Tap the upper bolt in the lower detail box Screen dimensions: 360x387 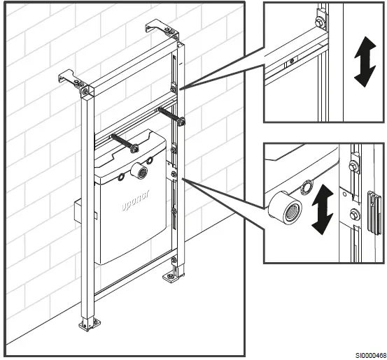354,166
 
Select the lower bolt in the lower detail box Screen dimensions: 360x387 354,214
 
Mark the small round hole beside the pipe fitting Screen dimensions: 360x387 307,186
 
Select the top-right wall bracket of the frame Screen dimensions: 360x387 157,29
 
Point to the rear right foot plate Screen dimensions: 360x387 171,276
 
